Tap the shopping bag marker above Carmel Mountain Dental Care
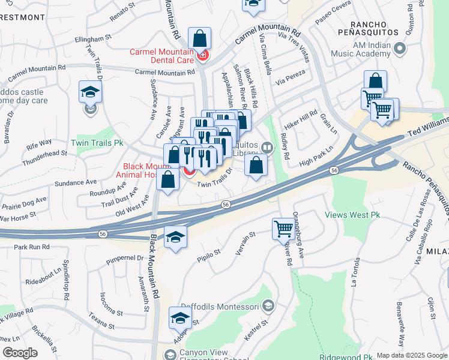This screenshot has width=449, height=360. pos(199,39)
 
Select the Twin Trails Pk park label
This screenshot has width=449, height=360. pos(97,143)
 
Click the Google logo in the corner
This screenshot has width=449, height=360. pos(20,353)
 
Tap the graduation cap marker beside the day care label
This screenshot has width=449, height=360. pos(90,92)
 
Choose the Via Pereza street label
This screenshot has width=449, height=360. pos(291,76)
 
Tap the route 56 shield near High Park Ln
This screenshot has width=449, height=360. pos(333,171)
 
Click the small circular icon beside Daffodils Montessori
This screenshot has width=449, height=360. pos(268,306)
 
